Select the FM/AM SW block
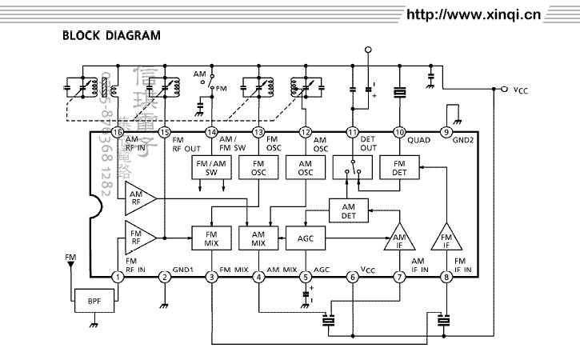[211, 167]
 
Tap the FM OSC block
[258, 167]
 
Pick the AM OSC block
[305, 167]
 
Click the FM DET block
[398, 167]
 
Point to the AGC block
[305, 238]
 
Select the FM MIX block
[211, 238]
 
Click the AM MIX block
[258, 238]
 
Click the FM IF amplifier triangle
[445, 238]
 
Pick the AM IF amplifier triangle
[400, 238]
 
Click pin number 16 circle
[118, 132]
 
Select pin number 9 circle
[446, 132]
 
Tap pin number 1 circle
[118, 278]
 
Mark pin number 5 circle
[305, 278]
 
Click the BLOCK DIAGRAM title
[111, 36]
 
